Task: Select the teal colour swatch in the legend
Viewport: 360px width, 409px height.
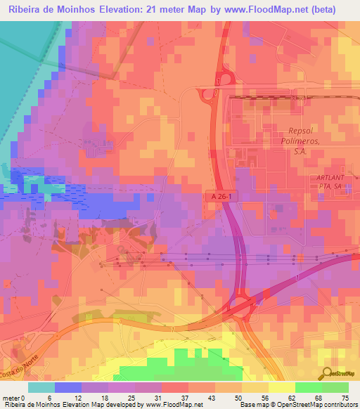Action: [x=41, y=387]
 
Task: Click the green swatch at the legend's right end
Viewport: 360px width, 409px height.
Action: [x=335, y=387]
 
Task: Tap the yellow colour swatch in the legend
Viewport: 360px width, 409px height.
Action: [x=281, y=387]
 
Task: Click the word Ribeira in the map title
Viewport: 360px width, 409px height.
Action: [x=26, y=9]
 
